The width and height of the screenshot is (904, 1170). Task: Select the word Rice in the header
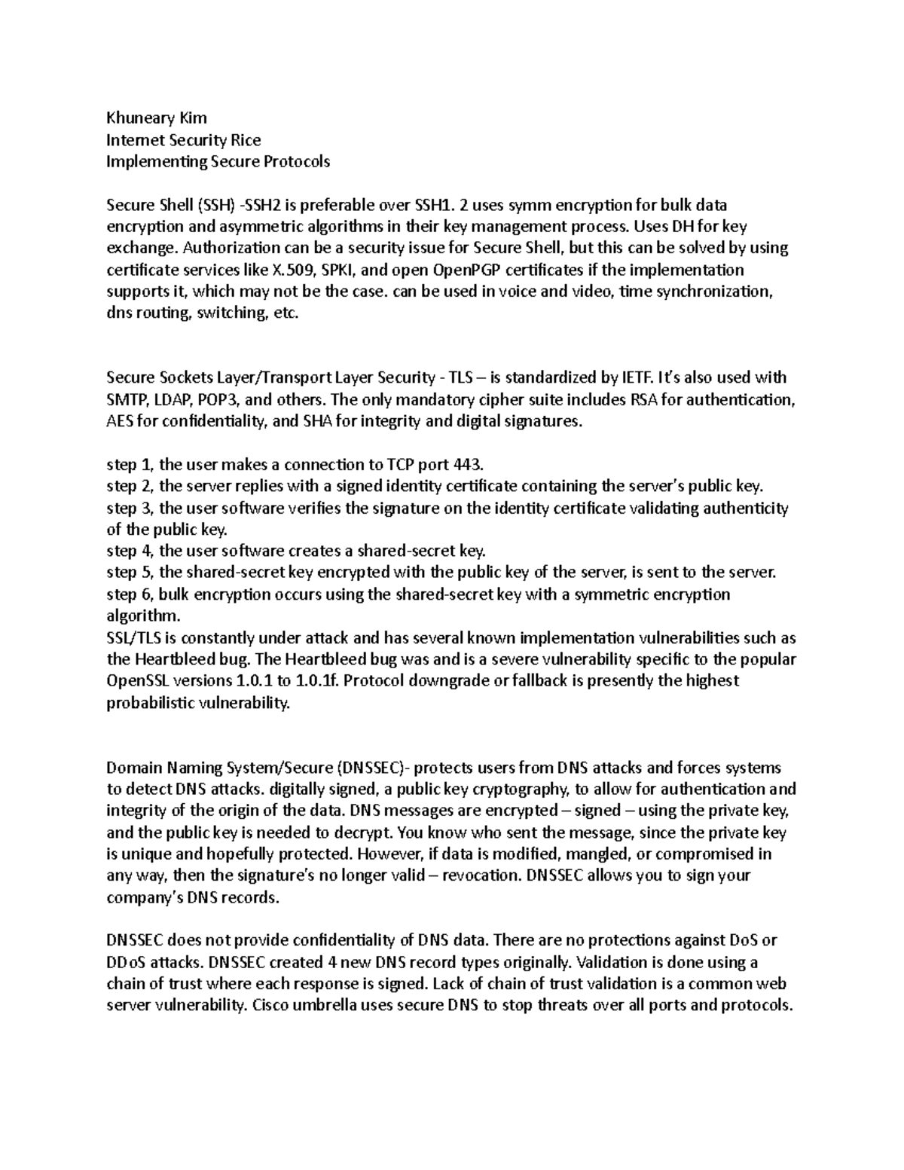(x=246, y=139)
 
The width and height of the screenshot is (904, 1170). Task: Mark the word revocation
(x=482, y=876)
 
